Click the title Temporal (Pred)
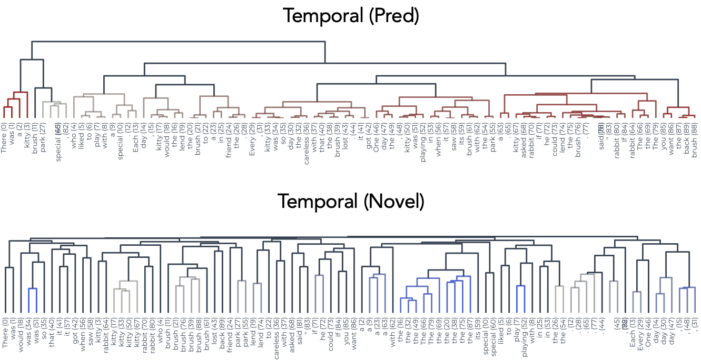[x=350, y=15]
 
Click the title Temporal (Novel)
[x=350, y=201]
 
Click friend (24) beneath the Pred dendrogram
[x=228, y=138]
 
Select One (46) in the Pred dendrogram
[x=376, y=137]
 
